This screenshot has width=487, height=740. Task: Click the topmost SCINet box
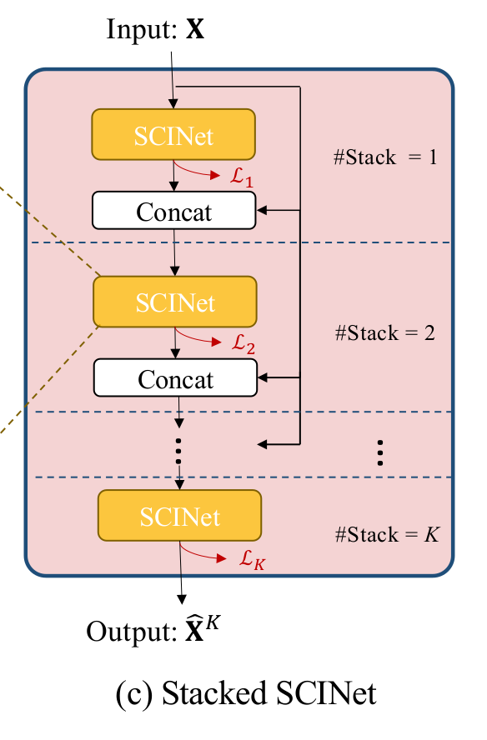[173, 134]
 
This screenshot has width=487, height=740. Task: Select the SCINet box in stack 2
[175, 302]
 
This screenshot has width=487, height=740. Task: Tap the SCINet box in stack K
[179, 517]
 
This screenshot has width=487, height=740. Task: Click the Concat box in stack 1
[173, 212]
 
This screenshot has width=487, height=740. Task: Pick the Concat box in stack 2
[175, 379]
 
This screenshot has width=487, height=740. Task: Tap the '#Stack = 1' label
[385, 157]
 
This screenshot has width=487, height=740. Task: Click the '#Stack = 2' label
[385, 333]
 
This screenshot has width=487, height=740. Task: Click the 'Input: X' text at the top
[155, 30]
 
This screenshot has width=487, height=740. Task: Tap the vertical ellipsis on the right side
[379, 451]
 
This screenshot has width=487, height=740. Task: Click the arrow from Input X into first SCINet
[172, 79]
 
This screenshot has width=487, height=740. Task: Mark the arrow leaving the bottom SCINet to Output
[180, 575]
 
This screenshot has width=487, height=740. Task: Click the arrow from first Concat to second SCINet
[173, 252]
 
